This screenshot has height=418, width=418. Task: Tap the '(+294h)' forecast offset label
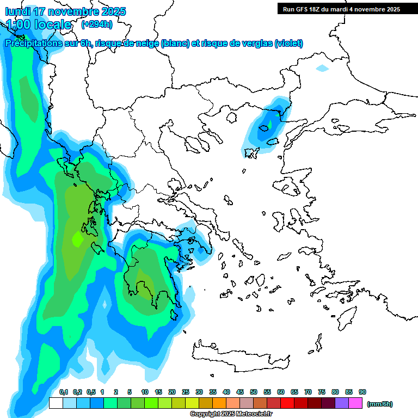click(x=97, y=24)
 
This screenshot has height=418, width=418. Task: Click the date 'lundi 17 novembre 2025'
click(x=65, y=11)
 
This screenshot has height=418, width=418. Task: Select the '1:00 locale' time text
click(x=39, y=24)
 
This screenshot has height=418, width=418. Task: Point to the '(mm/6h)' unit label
click(x=380, y=404)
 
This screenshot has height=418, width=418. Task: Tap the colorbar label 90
click(x=362, y=392)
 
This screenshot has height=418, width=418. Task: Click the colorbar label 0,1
click(x=64, y=392)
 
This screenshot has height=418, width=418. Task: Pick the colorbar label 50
click(x=254, y=392)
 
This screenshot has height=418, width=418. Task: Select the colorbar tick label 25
click(x=186, y=392)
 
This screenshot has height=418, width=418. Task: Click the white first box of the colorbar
click(x=56, y=403)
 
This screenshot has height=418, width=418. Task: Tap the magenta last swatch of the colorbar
click(x=355, y=403)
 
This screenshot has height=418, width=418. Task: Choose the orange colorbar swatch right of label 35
click(x=219, y=403)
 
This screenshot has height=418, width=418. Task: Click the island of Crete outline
click(x=245, y=353)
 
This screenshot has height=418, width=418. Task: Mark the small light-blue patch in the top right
click(x=322, y=69)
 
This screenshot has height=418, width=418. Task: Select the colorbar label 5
click(x=130, y=392)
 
